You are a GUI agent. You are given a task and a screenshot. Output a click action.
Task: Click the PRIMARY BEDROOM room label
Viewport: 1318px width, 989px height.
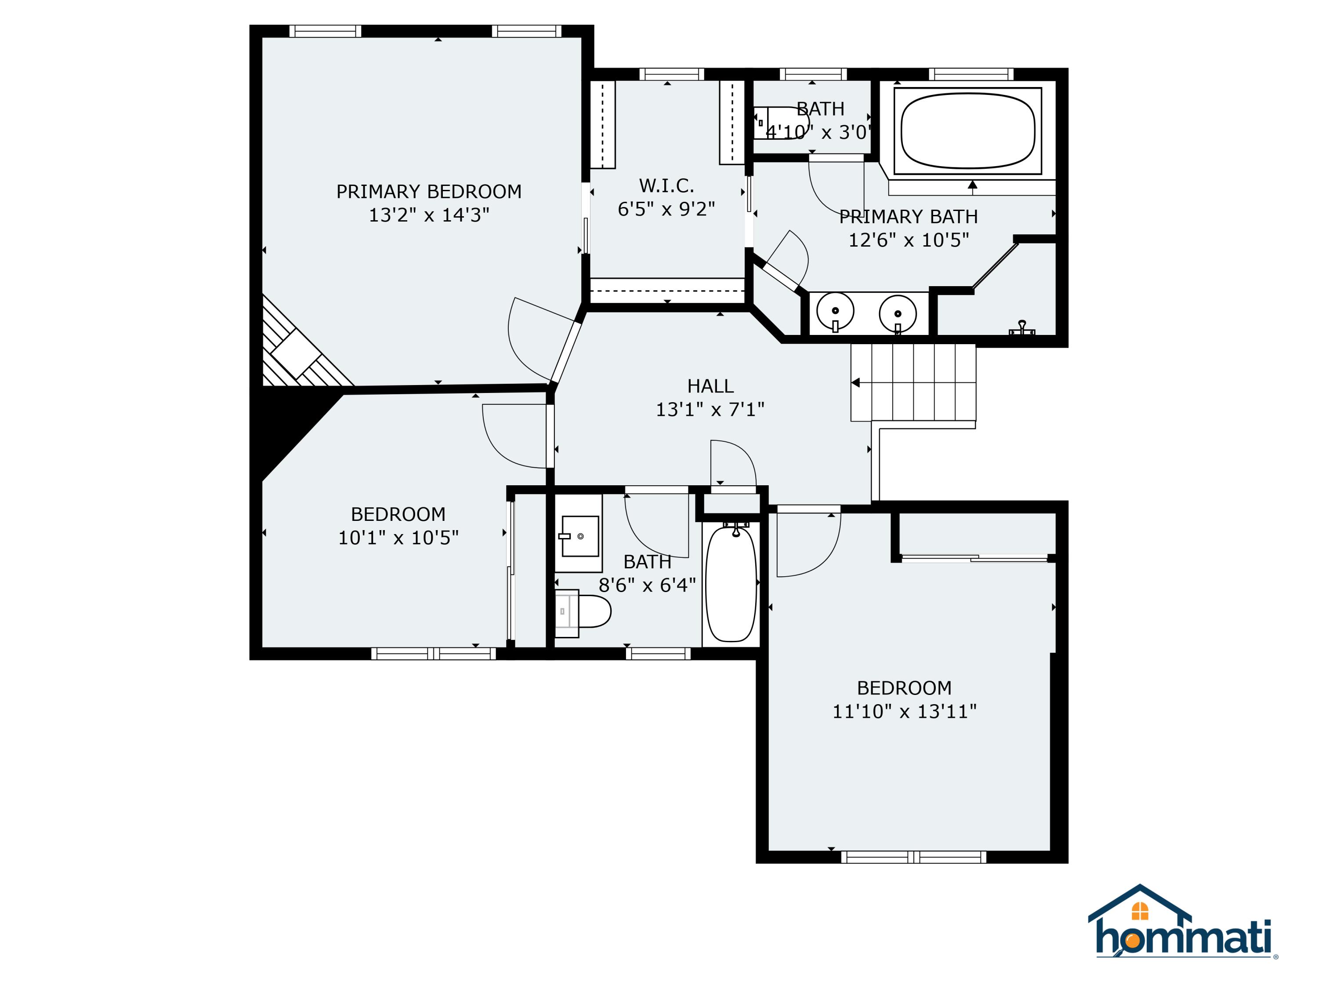428,191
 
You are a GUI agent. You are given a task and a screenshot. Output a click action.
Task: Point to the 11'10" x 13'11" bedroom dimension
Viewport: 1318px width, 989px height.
904,711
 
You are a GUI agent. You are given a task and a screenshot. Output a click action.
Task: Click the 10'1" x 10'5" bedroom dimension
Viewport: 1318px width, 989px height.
398,538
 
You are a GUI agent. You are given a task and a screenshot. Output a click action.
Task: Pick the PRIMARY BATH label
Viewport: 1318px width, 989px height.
908,216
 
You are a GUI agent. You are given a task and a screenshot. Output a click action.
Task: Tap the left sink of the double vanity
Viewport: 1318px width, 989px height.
835,311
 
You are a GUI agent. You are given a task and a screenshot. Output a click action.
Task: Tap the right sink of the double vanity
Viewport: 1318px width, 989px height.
897,313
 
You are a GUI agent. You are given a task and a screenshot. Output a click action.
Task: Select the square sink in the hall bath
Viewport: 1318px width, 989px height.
580,536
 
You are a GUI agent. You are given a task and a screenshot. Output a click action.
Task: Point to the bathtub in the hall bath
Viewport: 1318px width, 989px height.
731,582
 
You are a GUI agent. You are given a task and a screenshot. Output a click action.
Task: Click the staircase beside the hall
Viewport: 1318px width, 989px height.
913,383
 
